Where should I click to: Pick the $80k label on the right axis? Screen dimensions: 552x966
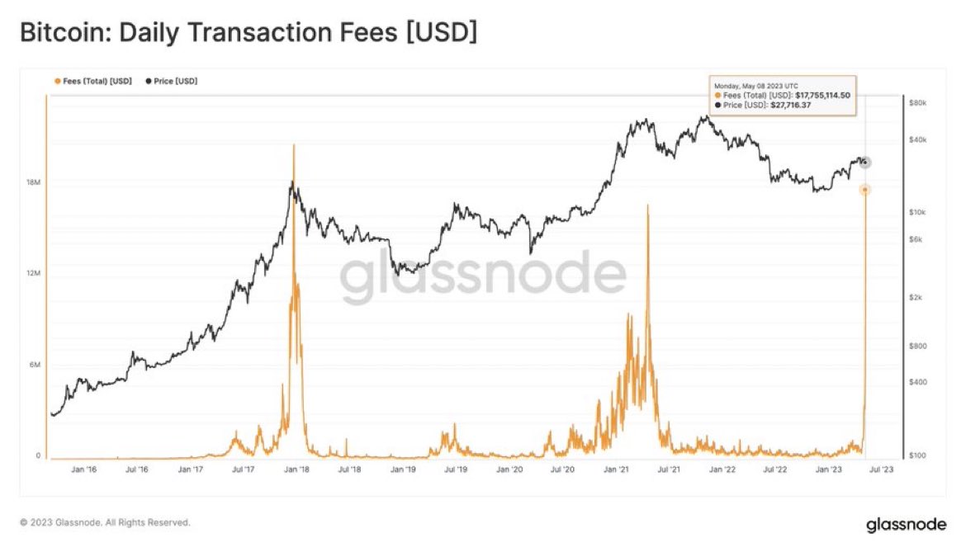pos(917,102)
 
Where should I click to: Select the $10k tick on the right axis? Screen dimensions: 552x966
pos(917,212)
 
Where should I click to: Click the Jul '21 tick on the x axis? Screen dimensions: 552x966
pos(669,469)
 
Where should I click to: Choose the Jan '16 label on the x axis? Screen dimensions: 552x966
pos(83,469)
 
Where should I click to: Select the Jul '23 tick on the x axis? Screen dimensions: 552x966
pos(880,469)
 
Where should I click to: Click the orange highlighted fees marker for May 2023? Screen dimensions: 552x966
pos(864,190)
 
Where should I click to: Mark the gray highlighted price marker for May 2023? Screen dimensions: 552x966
pos(864,162)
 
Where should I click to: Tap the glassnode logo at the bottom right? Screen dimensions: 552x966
pos(906,525)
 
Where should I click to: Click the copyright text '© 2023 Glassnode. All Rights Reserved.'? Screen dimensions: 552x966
pos(105,522)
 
